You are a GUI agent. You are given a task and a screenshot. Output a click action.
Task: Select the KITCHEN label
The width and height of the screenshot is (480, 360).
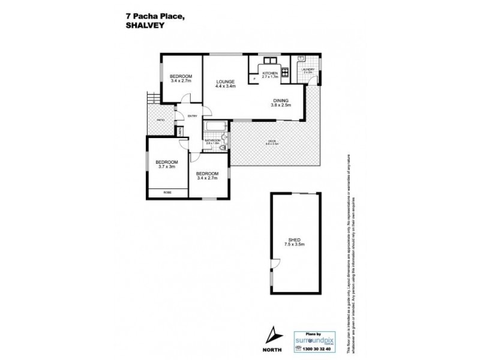(270, 73)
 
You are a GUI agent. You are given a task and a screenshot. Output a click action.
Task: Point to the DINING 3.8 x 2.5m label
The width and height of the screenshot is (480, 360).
(280, 103)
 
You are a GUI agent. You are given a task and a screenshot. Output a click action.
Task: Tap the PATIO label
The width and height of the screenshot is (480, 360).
(161, 120)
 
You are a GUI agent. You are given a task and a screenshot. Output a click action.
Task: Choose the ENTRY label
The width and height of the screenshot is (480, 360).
(192, 116)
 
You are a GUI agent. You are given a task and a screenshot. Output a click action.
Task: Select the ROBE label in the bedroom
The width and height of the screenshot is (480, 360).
(167, 192)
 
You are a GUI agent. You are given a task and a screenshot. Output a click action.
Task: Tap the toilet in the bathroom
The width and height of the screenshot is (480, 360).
(223, 146)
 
